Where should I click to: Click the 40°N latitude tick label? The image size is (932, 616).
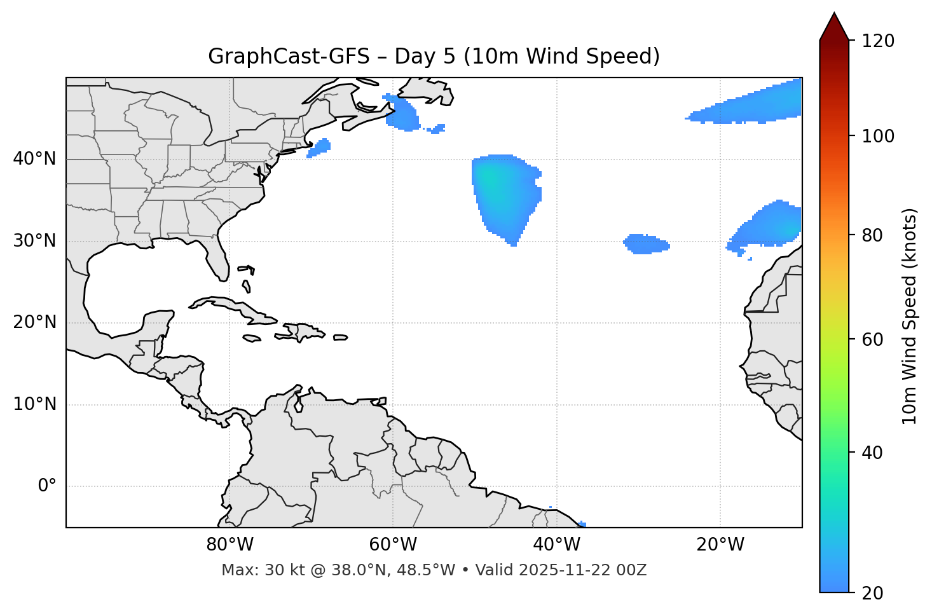tap(34, 159)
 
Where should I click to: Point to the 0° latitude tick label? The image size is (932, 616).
tap(47, 486)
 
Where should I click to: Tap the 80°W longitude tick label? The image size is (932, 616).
tap(230, 545)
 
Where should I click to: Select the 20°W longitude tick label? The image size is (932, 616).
tap(720, 545)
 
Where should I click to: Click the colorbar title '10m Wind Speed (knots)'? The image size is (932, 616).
tap(910, 317)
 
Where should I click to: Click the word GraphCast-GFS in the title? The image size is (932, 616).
tap(289, 57)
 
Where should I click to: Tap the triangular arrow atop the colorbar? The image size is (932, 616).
tap(834, 27)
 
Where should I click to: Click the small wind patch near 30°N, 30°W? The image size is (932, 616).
tap(646, 244)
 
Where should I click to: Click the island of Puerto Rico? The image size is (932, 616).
tap(341, 338)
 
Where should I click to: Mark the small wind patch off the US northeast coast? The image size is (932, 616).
tap(319, 148)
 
